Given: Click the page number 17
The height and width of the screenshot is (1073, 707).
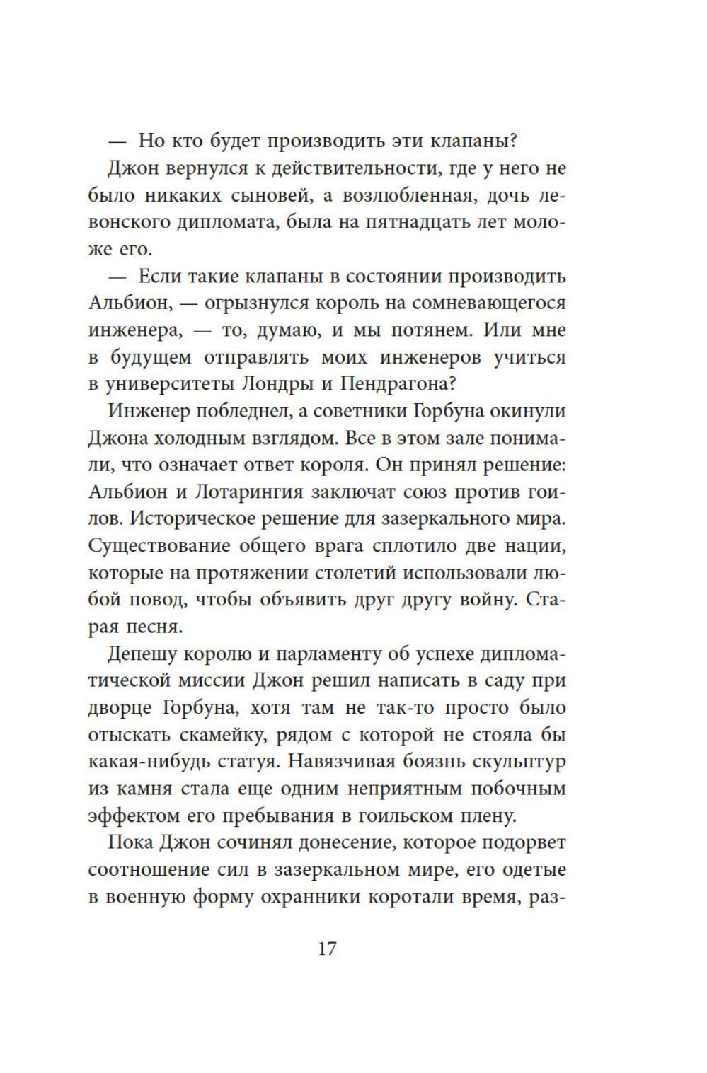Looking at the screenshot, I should [327, 949].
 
